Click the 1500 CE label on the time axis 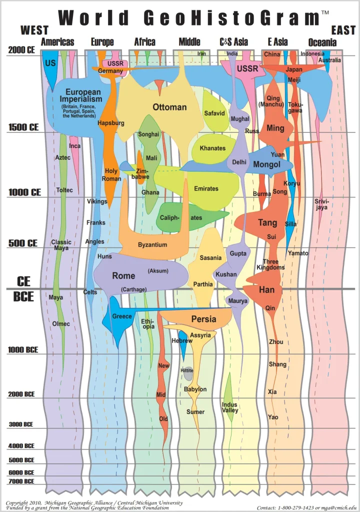[23, 127]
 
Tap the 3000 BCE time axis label [21, 424]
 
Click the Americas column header [57, 42]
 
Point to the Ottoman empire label [169, 107]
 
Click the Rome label [123, 275]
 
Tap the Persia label [203, 319]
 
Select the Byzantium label [153, 244]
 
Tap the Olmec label [61, 323]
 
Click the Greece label [122, 316]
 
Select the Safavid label [214, 113]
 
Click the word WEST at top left [34, 30]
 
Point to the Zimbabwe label [142, 173]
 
